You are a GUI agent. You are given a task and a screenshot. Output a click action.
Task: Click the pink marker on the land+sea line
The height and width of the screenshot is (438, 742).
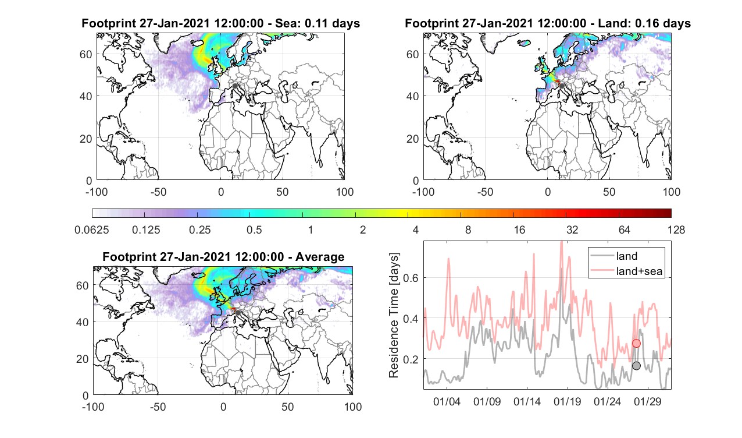click(636, 344)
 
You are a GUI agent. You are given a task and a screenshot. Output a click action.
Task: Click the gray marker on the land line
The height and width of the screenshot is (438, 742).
click(636, 366)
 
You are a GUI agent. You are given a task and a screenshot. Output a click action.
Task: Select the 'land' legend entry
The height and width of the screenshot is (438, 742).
click(627, 256)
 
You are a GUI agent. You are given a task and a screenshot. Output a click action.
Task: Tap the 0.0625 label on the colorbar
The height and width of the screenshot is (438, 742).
click(92, 229)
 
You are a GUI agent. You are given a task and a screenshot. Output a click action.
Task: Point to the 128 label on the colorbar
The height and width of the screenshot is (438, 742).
click(676, 229)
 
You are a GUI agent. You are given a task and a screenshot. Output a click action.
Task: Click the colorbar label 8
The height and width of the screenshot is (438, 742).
click(468, 229)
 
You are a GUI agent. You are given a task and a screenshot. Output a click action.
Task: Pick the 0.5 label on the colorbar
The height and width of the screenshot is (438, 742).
click(254, 229)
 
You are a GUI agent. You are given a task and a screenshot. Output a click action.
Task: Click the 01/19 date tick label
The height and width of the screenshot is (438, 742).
click(568, 402)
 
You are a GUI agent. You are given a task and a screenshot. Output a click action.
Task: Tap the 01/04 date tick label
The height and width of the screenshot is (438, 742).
click(447, 402)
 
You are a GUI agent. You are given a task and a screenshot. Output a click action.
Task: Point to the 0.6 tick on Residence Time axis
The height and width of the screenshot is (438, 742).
click(411, 278)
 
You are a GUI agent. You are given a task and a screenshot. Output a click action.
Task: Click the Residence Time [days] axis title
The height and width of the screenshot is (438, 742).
click(394, 316)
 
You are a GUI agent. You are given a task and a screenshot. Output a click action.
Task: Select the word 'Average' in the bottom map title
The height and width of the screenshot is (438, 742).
click(320, 257)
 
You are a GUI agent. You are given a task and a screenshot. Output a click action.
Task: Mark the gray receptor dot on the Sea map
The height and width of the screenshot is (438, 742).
click(235, 86)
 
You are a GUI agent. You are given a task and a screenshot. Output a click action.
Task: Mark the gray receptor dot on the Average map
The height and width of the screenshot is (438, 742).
click(238, 313)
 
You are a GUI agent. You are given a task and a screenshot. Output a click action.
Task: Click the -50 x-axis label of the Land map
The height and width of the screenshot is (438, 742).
click(486, 192)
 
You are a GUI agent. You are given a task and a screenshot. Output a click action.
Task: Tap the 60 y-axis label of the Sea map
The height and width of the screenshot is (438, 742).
click(85, 54)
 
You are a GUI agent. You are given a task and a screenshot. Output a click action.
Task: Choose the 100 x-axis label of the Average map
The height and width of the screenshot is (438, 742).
click(353, 407)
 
